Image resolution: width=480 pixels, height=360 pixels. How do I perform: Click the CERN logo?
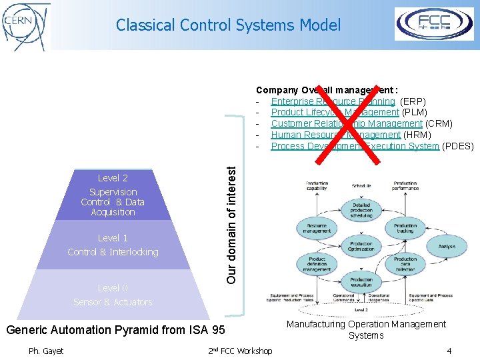tap(26, 26)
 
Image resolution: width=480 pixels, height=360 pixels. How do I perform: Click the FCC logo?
tap(434, 24)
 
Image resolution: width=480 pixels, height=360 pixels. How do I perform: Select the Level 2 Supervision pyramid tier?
tap(113, 195)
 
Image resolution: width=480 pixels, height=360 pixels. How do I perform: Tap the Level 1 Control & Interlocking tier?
tap(113, 245)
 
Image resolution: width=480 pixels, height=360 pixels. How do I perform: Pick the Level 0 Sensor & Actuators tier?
tap(113, 295)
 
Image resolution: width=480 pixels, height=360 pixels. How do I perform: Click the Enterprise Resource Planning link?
tap(333, 101)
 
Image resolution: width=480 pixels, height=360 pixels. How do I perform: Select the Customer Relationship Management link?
tap(346, 123)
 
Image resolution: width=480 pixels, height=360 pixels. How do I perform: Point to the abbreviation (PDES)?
tap(458, 146)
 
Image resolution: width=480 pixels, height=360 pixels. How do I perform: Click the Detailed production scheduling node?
tap(361, 211)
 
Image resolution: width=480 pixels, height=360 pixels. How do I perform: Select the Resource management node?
tap(317, 229)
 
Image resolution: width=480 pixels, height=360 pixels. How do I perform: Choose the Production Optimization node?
tap(361, 247)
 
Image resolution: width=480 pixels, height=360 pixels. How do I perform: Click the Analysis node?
tap(447, 247)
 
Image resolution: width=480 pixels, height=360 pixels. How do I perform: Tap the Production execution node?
tap(361, 283)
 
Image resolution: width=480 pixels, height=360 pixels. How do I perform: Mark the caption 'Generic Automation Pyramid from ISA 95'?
tap(115, 330)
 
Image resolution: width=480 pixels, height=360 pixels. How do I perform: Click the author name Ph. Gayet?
tap(46, 351)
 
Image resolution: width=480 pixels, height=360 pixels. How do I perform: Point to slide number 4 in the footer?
tap(449, 351)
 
